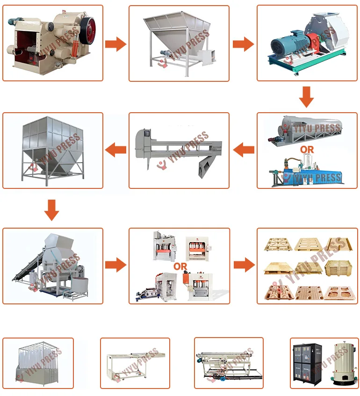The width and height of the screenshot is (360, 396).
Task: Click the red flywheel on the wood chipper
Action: (x=88, y=30)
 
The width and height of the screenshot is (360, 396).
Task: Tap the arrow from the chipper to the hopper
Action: (x=115, y=44)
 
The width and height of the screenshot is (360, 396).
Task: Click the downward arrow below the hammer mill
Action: (x=306, y=97)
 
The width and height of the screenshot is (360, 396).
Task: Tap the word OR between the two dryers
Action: (x=307, y=150)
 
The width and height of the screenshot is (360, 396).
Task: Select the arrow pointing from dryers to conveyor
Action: (x=244, y=150)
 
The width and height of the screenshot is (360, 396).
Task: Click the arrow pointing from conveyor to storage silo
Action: (x=115, y=150)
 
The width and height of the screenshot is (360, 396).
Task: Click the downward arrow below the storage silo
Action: (x=51, y=210)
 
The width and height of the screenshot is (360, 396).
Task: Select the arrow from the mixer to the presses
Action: (x=115, y=265)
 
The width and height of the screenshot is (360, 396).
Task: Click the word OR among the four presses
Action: (x=180, y=266)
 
